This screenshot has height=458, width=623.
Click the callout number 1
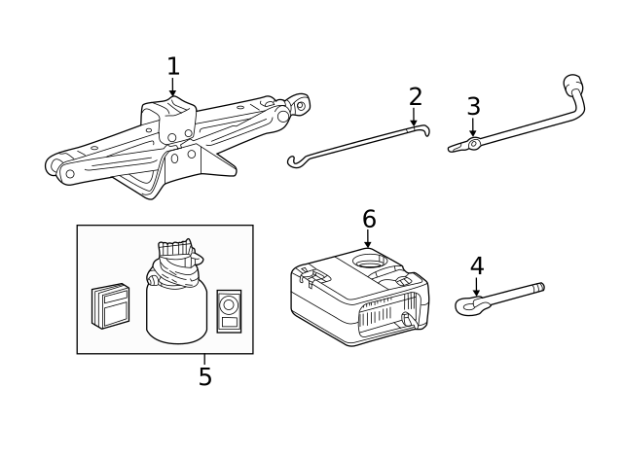173,66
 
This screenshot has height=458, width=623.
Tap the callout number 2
416,97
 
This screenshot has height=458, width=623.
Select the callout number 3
474,106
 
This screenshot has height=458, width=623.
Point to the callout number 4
477,265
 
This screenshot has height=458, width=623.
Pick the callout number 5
205,376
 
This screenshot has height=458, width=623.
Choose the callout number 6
369,219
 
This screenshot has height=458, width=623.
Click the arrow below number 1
172,87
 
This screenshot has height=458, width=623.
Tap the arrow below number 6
368,238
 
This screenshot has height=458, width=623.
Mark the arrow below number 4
476,287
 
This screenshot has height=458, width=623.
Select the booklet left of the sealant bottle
110,306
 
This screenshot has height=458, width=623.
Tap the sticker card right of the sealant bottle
229,311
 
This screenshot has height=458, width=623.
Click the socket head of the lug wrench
572,83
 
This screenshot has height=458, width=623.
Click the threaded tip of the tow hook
538,287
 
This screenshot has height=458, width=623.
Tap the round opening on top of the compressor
370,261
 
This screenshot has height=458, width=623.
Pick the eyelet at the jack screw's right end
301,105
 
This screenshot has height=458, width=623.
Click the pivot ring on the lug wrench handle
473,144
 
